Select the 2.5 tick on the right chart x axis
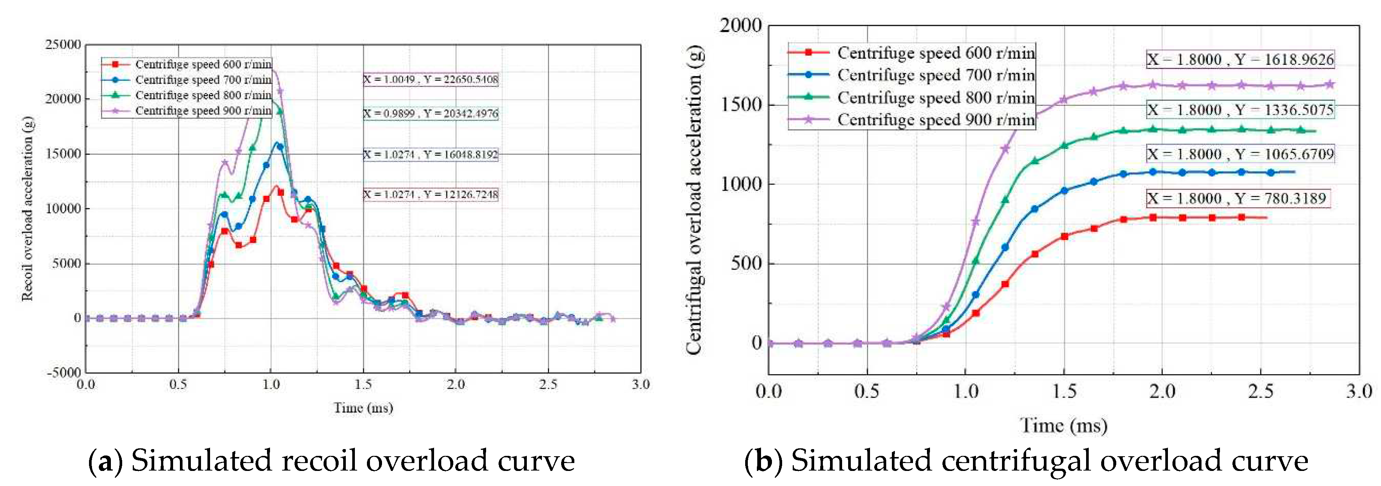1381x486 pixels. coord(1260,392)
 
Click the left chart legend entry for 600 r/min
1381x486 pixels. coord(203,64)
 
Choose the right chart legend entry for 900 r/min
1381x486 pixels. coord(936,119)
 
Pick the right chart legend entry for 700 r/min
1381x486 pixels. coord(936,75)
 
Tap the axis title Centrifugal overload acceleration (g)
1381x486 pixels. coord(694,199)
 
